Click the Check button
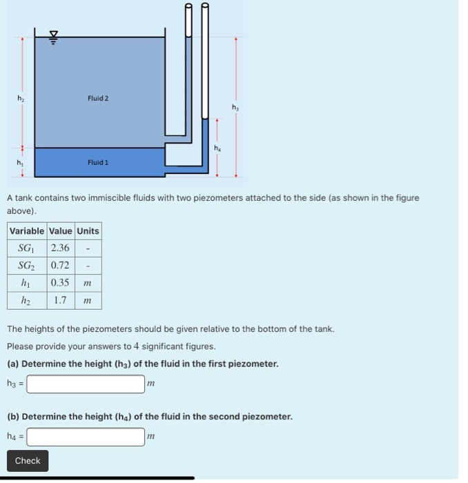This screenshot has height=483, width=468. (28, 461)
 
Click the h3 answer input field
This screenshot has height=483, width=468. (86, 384)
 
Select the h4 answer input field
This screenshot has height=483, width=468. (86, 437)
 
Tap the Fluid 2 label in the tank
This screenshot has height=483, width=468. (98, 99)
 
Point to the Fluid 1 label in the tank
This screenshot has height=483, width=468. (98, 163)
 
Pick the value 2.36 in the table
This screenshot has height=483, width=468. (60, 248)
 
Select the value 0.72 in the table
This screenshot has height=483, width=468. (60, 266)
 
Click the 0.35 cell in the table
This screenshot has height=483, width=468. (60, 283)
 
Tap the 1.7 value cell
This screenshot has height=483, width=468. (60, 300)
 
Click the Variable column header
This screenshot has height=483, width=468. (27, 231)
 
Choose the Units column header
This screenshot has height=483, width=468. (88, 231)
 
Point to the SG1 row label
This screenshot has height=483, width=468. (27, 248)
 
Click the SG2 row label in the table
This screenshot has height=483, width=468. (27, 266)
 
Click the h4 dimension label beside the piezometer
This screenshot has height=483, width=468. (216, 148)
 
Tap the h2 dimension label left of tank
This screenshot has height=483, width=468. (20, 99)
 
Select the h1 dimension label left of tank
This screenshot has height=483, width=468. (20, 163)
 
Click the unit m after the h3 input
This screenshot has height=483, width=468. (151, 384)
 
